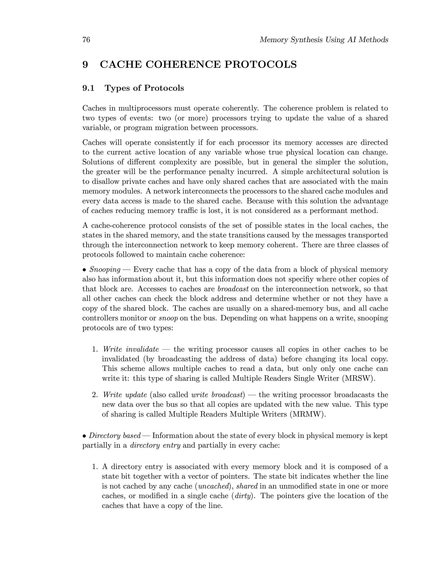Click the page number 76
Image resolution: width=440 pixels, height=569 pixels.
point(86,40)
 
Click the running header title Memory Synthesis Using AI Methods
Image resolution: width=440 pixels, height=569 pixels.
point(324,40)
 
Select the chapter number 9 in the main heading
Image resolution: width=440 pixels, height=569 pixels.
point(85,64)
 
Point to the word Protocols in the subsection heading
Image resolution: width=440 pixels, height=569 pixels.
point(164,88)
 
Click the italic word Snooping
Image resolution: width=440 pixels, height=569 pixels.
point(105,269)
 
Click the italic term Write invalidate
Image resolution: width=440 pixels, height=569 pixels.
point(131,349)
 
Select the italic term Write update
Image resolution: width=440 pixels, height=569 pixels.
point(125,395)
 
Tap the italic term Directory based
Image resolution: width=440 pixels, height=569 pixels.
point(115,436)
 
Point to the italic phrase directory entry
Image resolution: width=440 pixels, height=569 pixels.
point(155,445)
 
